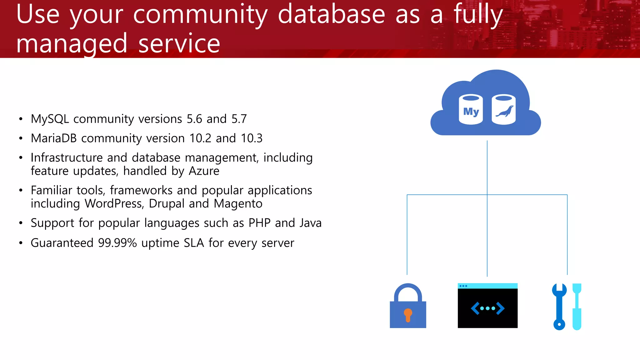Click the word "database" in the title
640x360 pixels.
click(331, 14)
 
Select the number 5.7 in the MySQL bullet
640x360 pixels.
click(239, 119)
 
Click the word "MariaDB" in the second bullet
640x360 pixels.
click(54, 138)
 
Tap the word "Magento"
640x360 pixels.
click(238, 204)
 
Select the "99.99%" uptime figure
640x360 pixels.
click(117, 243)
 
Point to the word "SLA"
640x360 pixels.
click(194, 243)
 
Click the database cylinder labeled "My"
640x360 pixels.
click(471, 110)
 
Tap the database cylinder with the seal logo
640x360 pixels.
click(503, 110)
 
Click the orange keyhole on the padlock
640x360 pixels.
click(408, 314)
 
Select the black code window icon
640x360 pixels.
click(487, 306)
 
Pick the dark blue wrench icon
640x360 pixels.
click(559, 306)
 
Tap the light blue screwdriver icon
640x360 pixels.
click(577, 306)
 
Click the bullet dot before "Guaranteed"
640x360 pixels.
click(21, 243)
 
